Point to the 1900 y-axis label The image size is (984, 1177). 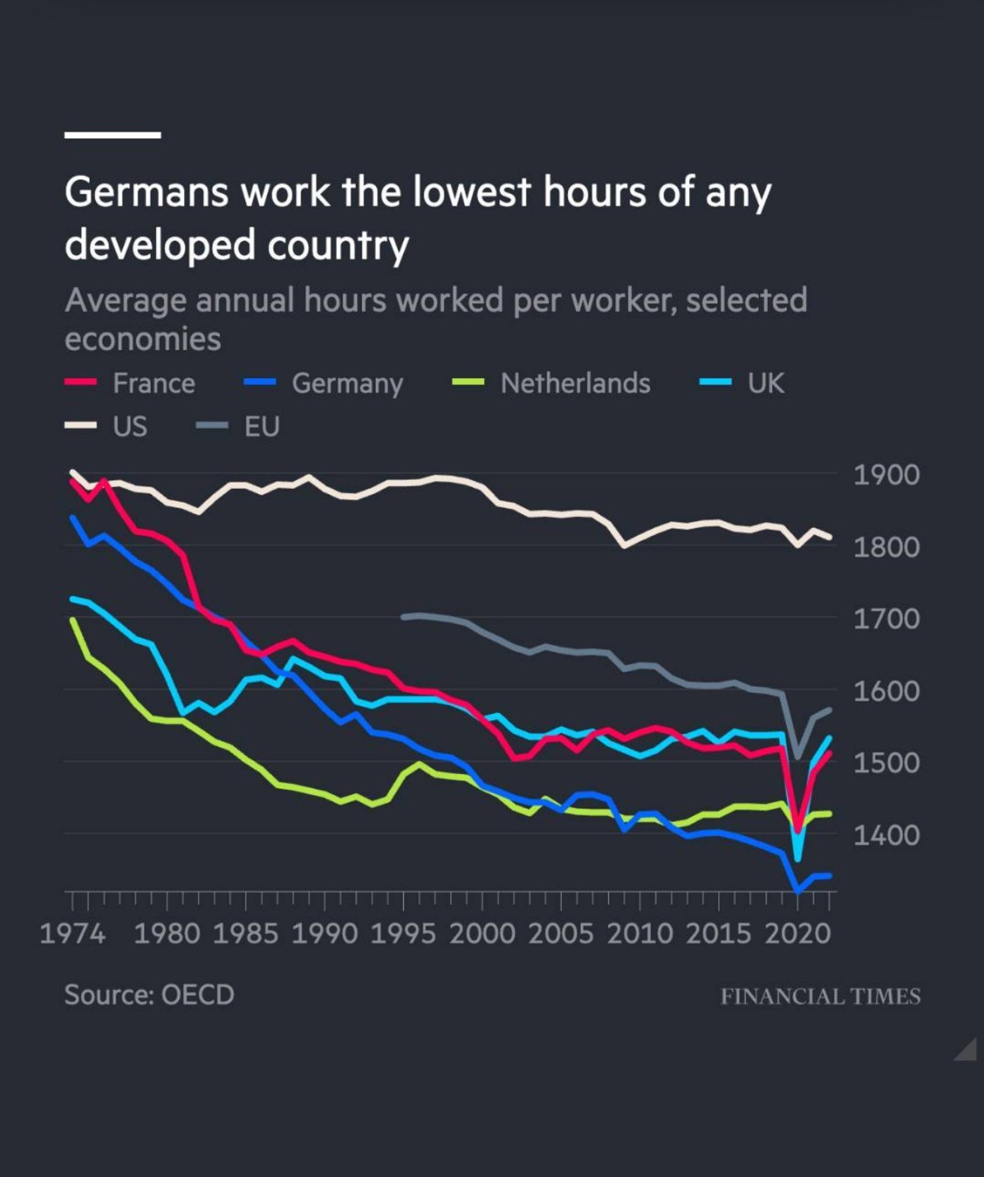tap(886, 476)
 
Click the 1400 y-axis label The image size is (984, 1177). tap(886, 835)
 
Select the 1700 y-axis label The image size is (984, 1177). tap(886, 620)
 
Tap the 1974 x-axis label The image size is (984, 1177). tap(72, 933)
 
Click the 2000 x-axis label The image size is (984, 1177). tap(482, 933)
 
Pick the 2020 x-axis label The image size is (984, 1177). tap(797, 933)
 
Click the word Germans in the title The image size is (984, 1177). tap(146, 193)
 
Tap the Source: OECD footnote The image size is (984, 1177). tap(149, 995)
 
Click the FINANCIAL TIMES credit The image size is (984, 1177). tap(820, 996)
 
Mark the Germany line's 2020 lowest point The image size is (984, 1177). tap(797, 891)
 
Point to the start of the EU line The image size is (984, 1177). tap(403, 617)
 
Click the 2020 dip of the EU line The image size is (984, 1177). tap(797, 757)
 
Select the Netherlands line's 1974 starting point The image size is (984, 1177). tap(72, 620)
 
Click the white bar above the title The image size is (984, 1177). tap(113, 135)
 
